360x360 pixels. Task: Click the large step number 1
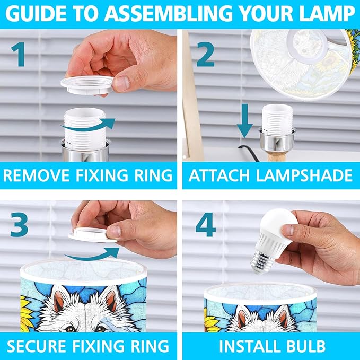19,55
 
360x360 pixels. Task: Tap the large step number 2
205,54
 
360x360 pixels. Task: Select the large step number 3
19,224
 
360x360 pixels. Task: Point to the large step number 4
206,224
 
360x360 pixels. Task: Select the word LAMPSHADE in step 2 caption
304,175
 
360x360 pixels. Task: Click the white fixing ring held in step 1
87,84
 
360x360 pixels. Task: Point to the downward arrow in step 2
245,121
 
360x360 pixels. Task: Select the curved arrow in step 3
92,254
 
